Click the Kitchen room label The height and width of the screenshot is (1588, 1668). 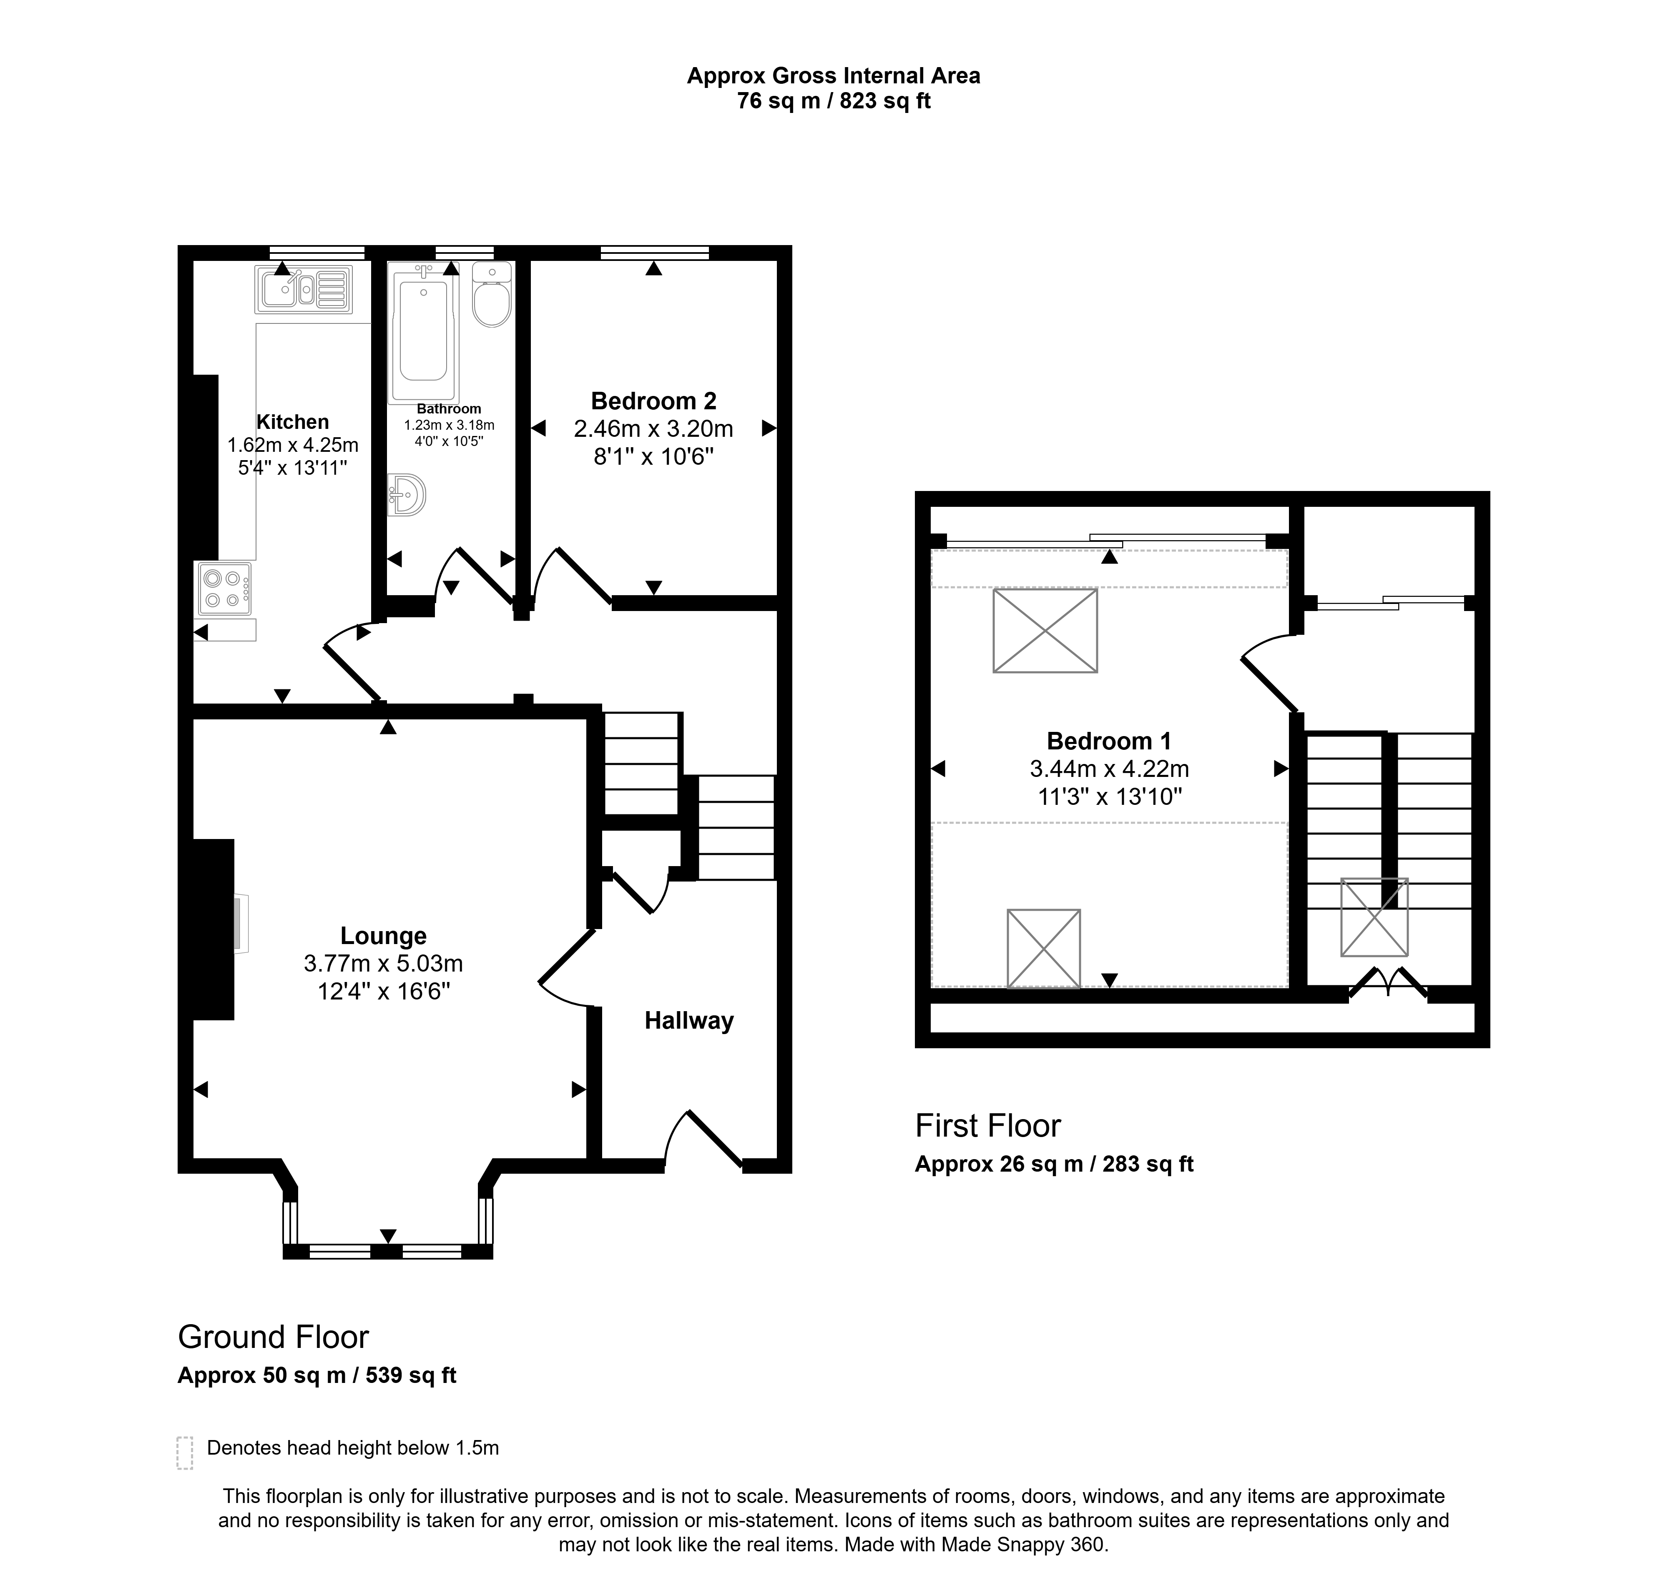(x=293, y=421)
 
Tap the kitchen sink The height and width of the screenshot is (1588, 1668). (x=302, y=290)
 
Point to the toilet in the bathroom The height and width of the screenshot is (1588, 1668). (x=492, y=294)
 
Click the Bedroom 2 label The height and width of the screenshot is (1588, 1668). (x=654, y=401)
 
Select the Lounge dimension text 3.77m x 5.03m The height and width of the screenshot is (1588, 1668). (x=384, y=963)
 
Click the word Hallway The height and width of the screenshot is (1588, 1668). (x=689, y=1021)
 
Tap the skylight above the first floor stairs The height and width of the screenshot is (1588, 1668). (x=1374, y=918)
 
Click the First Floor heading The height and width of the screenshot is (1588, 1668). (x=988, y=1126)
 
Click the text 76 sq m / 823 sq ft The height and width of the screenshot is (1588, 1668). (x=834, y=101)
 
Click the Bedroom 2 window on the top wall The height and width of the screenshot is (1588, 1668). (x=655, y=252)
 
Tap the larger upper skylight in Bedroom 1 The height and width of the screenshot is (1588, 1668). (x=1045, y=631)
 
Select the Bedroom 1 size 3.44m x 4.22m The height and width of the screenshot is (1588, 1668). (x=1109, y=769)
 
